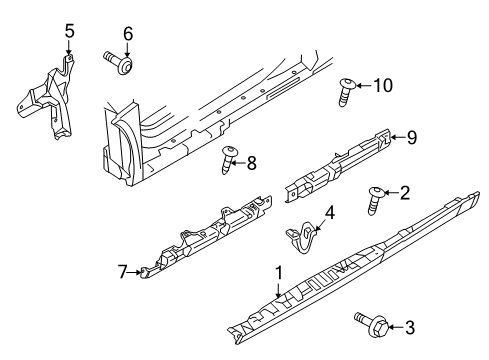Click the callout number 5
coord(69,31)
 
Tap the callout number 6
coord(128,34)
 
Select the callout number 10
coord(383,85)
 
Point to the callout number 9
coord(412,137)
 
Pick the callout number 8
coord(251,163)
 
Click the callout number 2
coord(405,193)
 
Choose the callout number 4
coord(329,213)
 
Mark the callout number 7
coord(123,272)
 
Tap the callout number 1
coord(278,273)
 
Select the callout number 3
coord(410,328)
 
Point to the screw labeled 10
coord(346,92)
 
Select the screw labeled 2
coord(376,201)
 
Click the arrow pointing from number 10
coord(364,86)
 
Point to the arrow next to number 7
coord(135,272)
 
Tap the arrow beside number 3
coord(396,327)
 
